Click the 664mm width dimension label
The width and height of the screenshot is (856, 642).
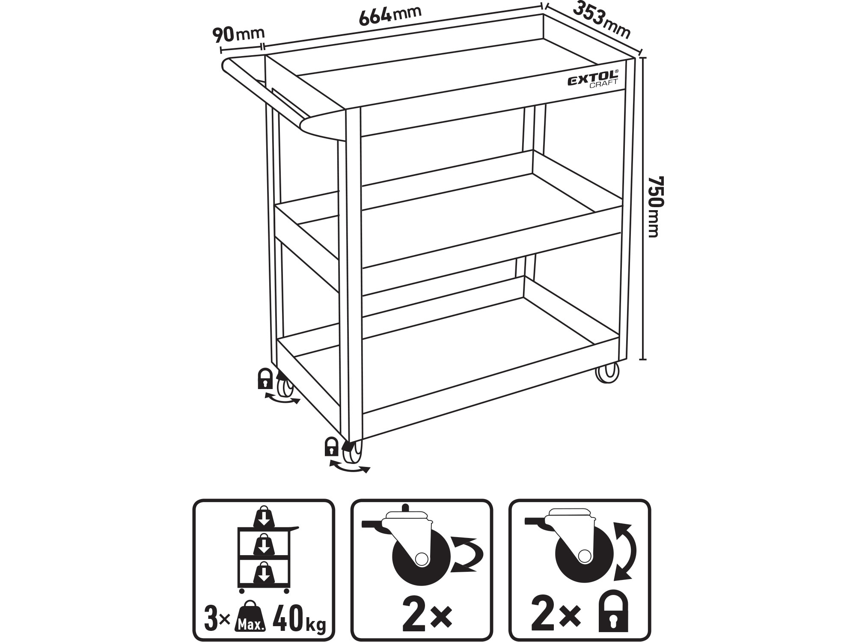390,17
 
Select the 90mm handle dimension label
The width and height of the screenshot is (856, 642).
238,34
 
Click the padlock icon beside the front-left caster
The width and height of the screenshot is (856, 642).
332,446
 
